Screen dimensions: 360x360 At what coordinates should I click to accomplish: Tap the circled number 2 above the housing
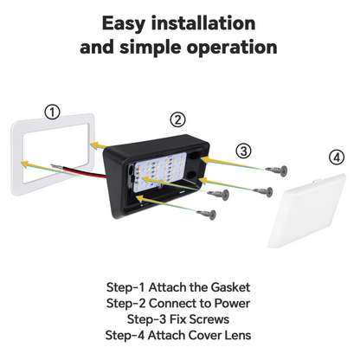click(177, 119)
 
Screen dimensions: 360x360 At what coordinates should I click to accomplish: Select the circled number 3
click(244, 151)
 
